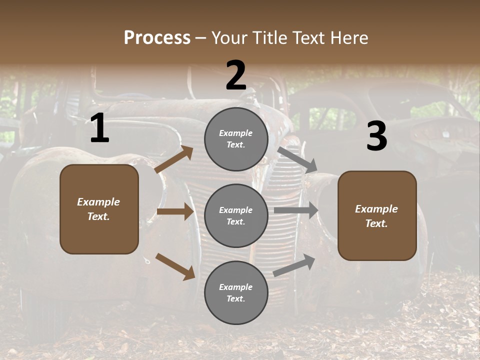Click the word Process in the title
[157, 37]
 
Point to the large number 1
[99, 128]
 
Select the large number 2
[236, 75]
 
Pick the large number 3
[376, 136]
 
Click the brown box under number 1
[99, 209]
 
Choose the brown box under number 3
[377, 216]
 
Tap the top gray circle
[236, 139]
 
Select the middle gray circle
[236, 216]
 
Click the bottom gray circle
[236, 293]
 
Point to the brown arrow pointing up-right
[174, 159]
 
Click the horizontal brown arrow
[175, 211]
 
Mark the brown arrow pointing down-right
[175, 266]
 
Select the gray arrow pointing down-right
[297, 159]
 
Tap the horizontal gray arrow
[296, 210]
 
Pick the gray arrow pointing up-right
[294, 265]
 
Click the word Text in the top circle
[235, 145]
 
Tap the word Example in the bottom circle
[235, 287]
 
